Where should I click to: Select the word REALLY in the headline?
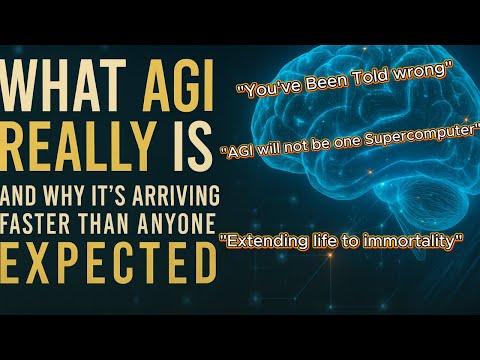click(x=79, y=147)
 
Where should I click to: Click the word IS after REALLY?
click(x=192, y=147)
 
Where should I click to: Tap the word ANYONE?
click(x=177, y=223)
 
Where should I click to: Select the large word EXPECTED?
click(x=108, y=263)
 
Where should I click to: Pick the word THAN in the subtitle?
click(x=104, y=223)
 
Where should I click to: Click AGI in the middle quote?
click(x=238, y=152)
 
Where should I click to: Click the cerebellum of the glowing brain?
click(x=428, y=199)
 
